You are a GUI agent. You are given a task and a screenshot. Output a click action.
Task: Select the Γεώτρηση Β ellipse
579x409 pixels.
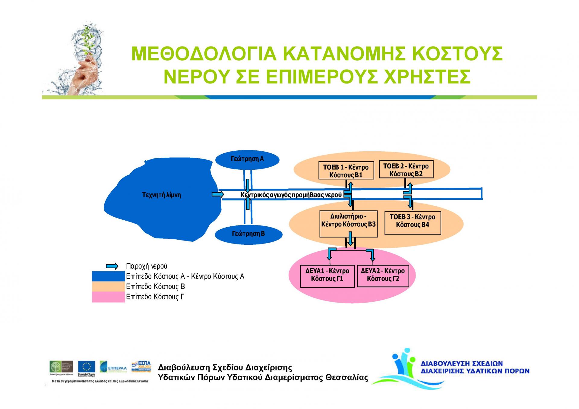point(248,234)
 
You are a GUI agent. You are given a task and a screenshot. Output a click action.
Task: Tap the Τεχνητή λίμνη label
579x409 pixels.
point(161,195)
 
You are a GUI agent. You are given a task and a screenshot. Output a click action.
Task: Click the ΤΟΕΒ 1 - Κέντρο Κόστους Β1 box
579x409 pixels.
point(346,171)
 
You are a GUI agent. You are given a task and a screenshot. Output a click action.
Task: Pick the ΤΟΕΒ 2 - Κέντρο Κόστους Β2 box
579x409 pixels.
point(406,170)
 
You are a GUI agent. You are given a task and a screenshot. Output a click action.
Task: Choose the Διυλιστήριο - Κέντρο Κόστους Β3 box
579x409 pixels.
point(348,224)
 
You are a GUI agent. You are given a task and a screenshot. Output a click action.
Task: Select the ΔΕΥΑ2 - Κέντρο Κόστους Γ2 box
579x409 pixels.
point(383,276)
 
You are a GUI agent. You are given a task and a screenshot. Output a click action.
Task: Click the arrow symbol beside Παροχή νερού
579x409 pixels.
point(112,266)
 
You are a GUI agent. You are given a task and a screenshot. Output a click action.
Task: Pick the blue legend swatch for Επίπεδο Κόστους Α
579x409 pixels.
point(108,276)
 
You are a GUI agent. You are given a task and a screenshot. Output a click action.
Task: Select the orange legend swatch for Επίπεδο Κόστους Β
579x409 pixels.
point(108,287)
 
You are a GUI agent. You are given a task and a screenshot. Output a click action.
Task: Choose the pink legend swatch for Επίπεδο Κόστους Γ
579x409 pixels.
point(108,297)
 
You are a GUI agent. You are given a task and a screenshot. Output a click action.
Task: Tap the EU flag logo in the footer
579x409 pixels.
point(87,367)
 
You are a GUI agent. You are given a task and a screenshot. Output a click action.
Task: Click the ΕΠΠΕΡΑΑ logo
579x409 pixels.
point(113,367)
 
